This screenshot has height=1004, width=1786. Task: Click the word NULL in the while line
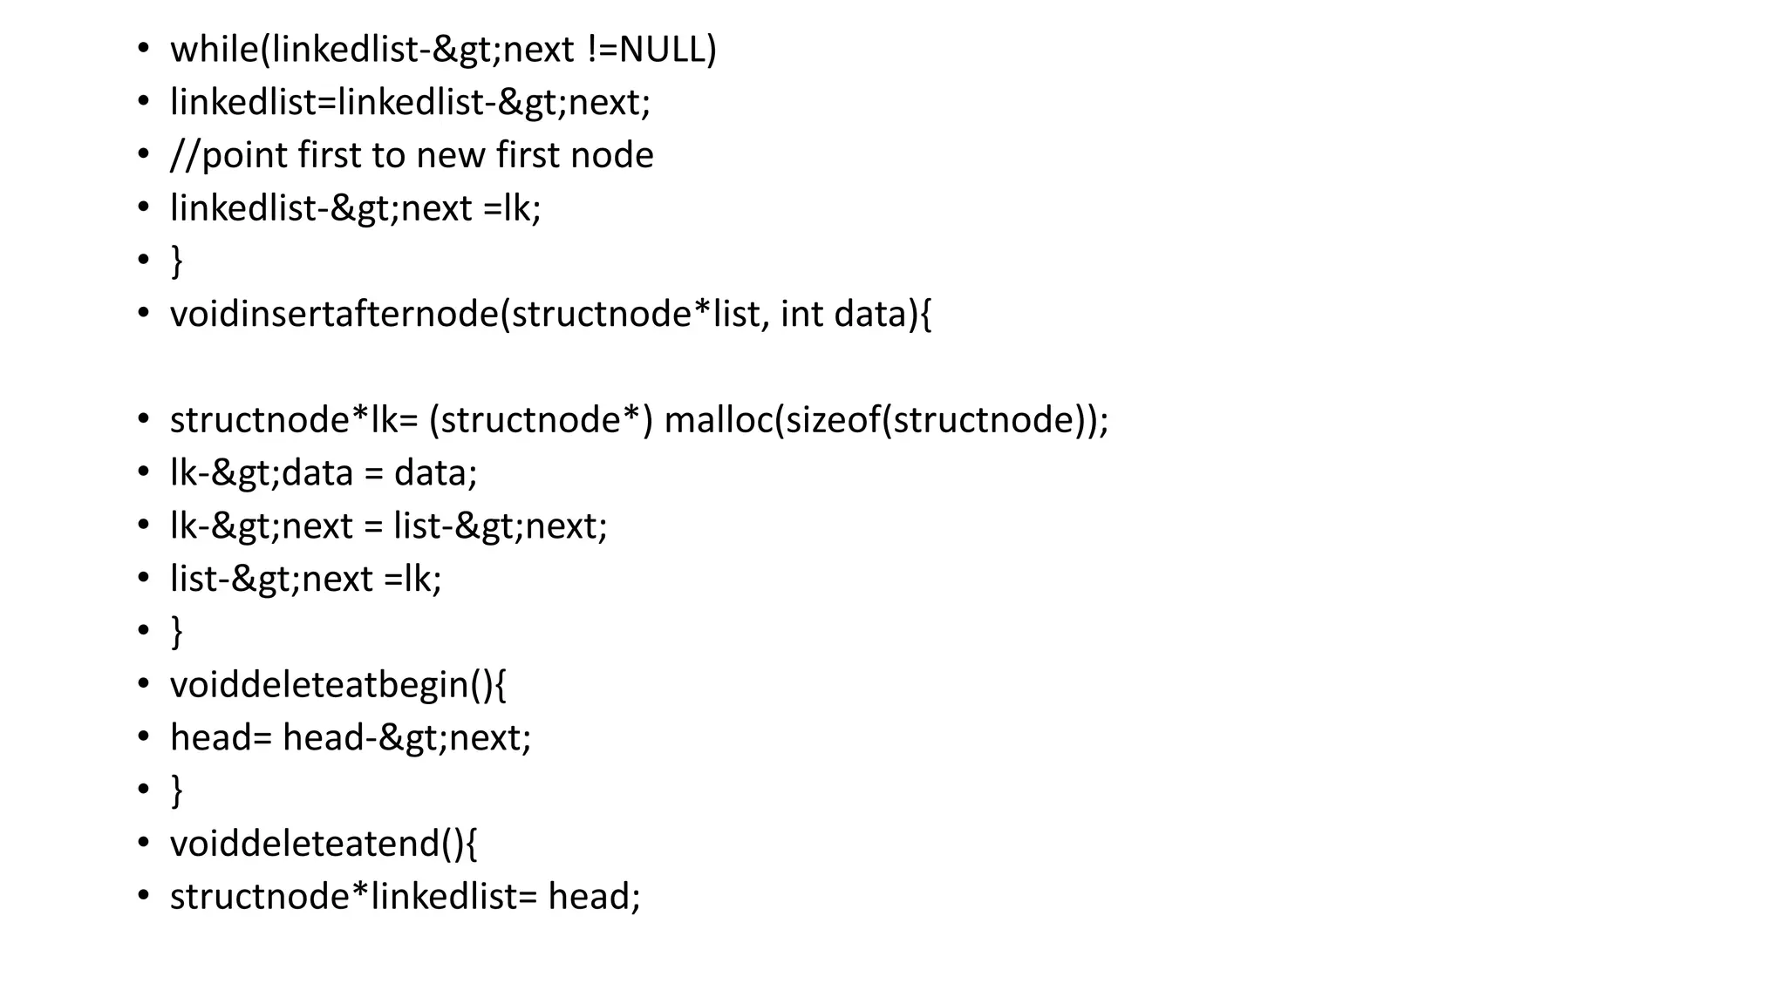click(663, 50)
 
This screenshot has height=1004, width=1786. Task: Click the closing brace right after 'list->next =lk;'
click(177, 632)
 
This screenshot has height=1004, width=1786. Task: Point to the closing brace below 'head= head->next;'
click(177, 790)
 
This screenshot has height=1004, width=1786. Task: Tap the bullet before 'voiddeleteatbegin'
click(144, 684)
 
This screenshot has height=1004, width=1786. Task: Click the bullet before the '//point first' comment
click(144, 154)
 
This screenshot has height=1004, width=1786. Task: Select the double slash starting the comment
click(185, 156)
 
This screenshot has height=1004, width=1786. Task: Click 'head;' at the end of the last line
click(594, 897)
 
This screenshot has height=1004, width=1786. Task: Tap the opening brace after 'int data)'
click(925, 315)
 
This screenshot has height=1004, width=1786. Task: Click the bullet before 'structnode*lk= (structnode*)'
click(144, 419)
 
